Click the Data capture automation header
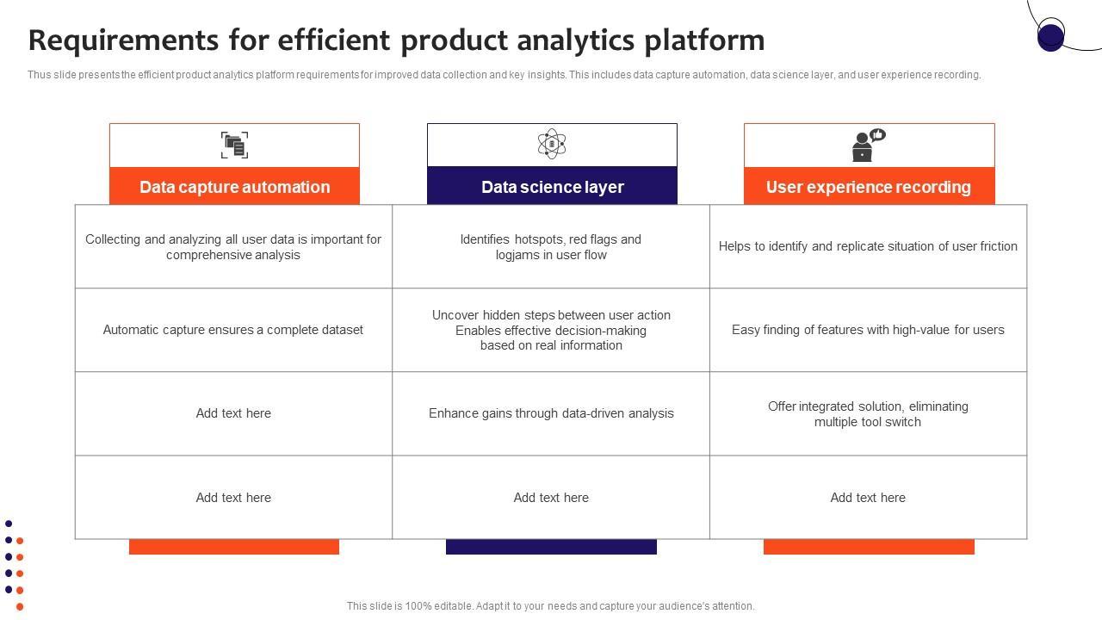235,187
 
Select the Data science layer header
552,187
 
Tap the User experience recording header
869,187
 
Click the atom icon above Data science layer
552,144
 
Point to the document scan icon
235,146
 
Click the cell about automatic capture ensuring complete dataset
233,330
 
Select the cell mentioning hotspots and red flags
551,246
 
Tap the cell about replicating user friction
869,246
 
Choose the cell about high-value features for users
869,330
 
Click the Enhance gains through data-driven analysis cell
551,413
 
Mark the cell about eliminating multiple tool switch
869,413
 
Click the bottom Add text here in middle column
551,498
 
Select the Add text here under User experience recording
869,498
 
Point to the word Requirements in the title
123,40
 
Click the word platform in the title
704,40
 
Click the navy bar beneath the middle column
551,547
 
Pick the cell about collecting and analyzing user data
233,246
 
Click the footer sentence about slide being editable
550,605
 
